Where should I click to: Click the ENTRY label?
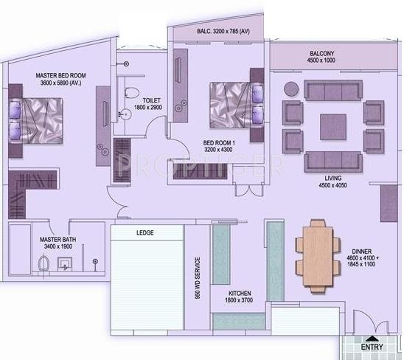(x=372, y=347)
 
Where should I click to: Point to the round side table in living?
(x=291, y=89)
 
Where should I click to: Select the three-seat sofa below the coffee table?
(x=332, y=162)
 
